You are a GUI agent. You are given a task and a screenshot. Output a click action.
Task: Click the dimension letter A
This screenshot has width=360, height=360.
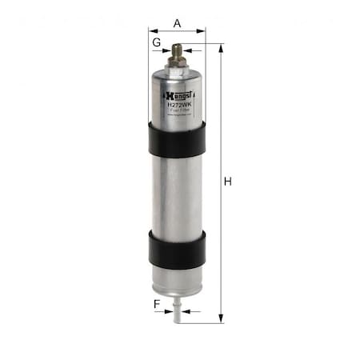[178, 23]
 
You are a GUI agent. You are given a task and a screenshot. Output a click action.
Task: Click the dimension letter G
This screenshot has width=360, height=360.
[157, 40]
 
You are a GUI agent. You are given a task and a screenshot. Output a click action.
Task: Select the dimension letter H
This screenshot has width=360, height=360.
[228, 182]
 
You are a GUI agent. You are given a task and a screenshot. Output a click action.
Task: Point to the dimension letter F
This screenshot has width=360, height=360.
[157, 304]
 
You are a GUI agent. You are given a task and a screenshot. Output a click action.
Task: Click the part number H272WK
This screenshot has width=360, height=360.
[178, 102]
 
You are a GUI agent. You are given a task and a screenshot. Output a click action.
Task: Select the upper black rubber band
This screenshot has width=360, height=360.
[177, 139]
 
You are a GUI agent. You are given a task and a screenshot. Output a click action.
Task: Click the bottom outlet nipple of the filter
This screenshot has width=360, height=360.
[177, 314]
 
